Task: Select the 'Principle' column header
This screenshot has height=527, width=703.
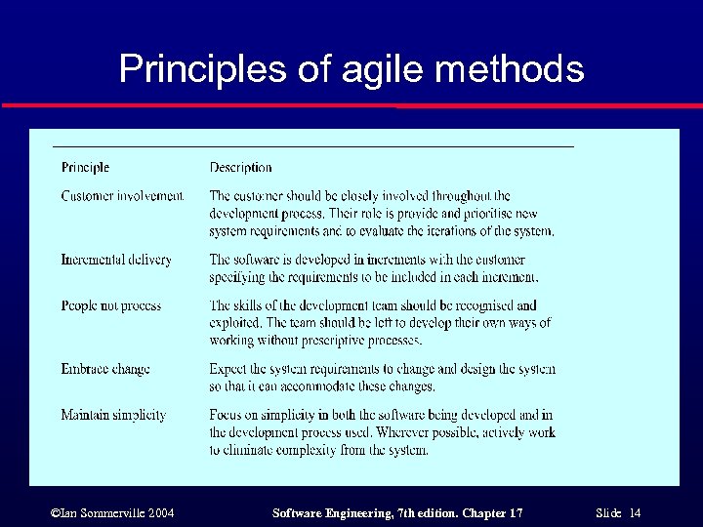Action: (x=85, y=168)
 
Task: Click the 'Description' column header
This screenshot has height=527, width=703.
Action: (x=240, y=168)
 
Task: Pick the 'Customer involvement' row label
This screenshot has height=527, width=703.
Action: (x=122, y=196)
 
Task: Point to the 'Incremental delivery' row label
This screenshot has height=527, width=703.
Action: (x=116, y=260)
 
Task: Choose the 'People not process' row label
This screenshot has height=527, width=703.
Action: (x=111, y=305)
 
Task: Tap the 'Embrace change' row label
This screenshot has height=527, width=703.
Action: (x=105, y=369)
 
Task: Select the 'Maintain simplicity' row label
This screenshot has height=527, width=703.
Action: (x=113, y=415)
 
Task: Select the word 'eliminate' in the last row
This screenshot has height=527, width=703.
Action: (x=251, y=450)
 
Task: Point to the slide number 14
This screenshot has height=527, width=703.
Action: (x=635, y=513)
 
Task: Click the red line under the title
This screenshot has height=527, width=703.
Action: (x=351, y=105)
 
